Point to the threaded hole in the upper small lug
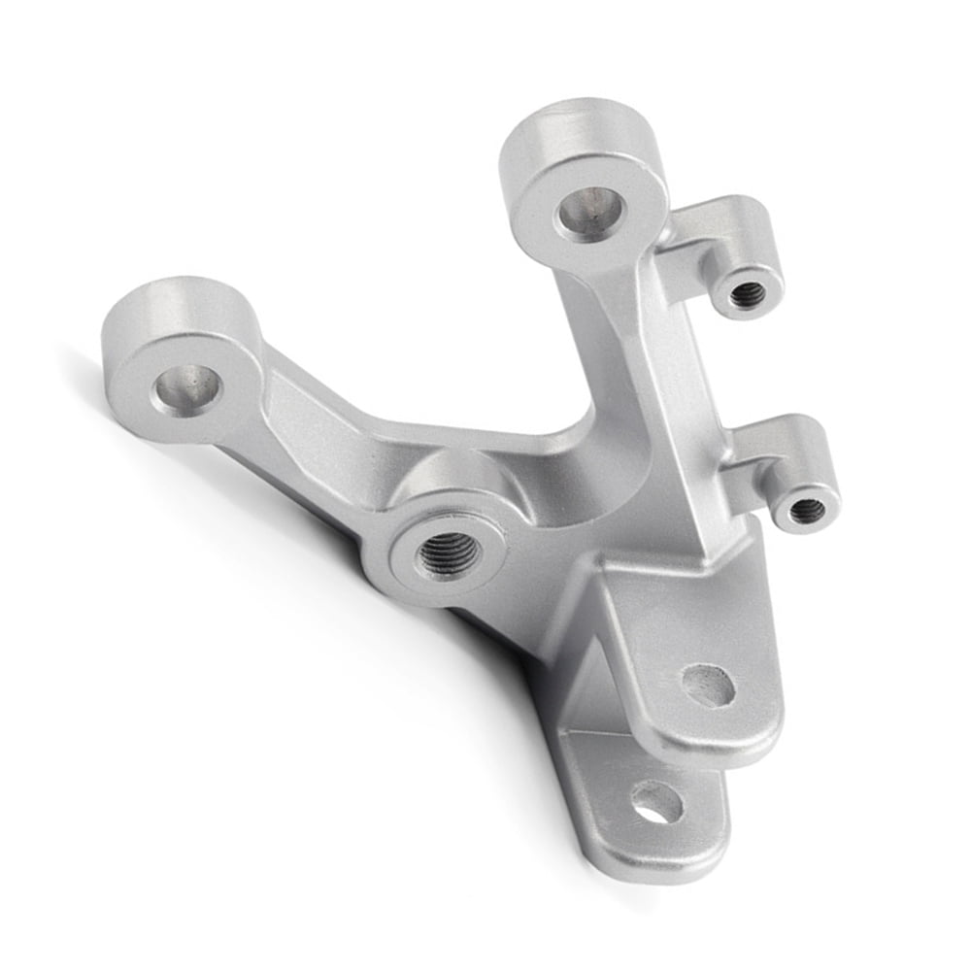coord(748,294)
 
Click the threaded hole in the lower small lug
coord(806,510)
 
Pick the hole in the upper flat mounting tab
coord(708,686)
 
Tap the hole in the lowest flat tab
coord(656,801)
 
